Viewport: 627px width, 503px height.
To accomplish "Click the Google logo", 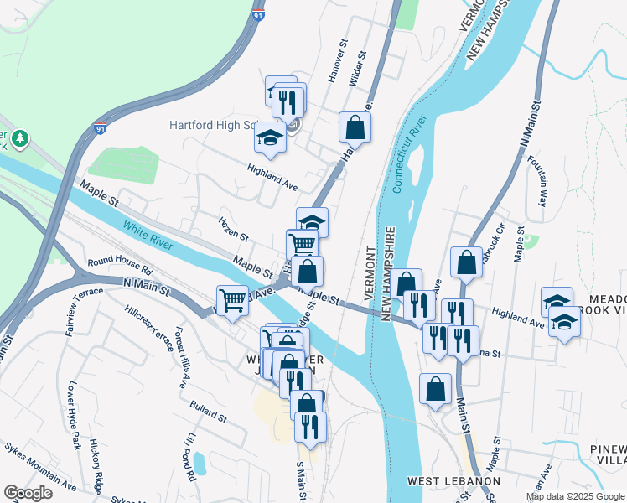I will pos(28,493).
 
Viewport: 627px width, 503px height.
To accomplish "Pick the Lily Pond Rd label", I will pos(191,456).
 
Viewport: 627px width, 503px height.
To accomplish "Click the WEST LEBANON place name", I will pos(453,481).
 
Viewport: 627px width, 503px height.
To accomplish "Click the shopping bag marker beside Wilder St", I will pos(355,128).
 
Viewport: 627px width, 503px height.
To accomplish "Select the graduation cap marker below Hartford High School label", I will pos(270,137).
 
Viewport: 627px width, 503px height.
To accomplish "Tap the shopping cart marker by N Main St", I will pos(232,299).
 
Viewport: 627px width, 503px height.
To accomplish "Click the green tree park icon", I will pos(18,137).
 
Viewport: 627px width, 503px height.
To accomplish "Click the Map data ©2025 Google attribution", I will pos(575,496).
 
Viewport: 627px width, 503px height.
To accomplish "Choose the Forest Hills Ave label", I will pos(180,360).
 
